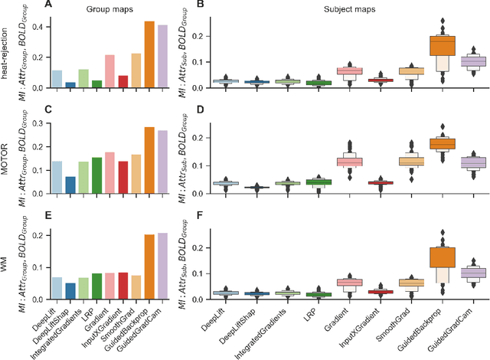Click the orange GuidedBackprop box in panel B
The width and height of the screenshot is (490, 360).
tap(441, 46)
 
